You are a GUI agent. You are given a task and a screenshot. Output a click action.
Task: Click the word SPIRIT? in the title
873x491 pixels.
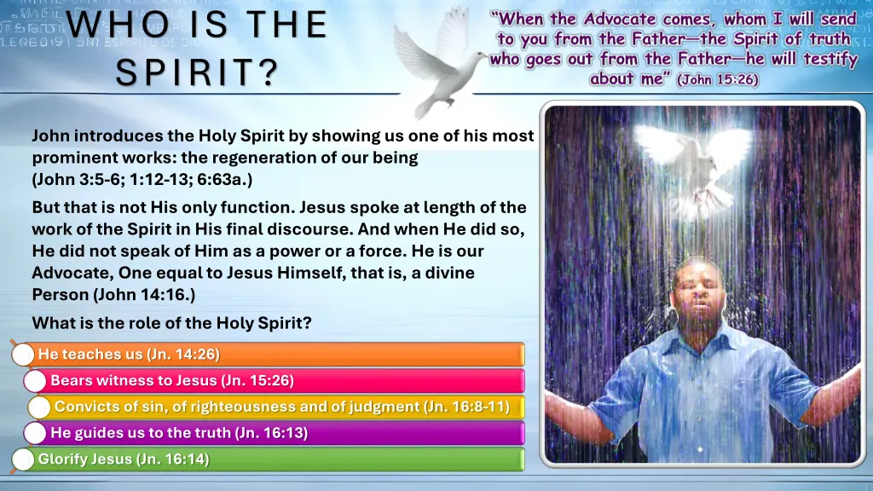coord(198,71)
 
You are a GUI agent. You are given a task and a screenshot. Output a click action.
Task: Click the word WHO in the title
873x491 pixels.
coord(104,24)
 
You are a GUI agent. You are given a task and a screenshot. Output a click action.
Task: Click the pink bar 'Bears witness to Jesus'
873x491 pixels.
coord(281,381)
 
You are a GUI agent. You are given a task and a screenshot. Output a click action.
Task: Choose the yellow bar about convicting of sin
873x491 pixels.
coord(281,407)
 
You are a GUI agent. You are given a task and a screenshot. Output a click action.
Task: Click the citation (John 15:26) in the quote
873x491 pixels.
coord(717,79)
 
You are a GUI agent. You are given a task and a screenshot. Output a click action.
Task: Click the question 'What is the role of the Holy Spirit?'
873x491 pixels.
coord(171,323)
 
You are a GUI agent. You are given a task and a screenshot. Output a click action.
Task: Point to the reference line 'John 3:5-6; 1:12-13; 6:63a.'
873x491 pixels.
coord(142,180)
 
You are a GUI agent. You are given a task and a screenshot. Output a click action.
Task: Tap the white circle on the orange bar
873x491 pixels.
coord(24,355)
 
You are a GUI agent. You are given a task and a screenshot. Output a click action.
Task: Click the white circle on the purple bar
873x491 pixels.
coord(35,433)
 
